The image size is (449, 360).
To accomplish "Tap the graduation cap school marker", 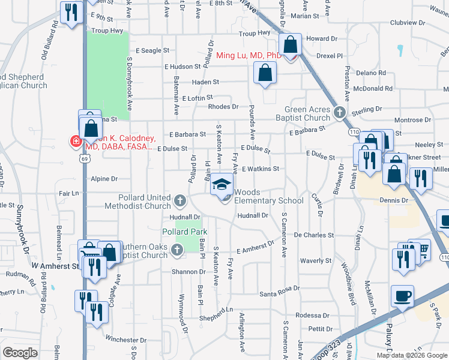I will pos(221,184).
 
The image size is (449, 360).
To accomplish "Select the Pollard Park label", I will pos(184,232).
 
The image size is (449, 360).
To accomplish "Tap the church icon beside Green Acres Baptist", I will pos(340,112).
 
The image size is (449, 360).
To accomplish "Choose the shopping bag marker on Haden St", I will pos(265,74).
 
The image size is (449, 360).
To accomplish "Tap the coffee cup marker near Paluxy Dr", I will pos(402,296).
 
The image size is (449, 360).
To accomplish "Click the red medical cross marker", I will pos(76,142).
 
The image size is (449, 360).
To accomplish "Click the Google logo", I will pos(20,352).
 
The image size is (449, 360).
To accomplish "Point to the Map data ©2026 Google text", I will pos(411,355).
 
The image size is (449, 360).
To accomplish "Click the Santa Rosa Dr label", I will pos(279,294).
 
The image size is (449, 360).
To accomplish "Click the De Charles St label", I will pos(314,236).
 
